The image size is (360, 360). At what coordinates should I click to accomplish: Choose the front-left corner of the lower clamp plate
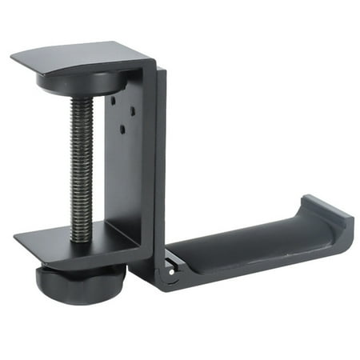(15, 238)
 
